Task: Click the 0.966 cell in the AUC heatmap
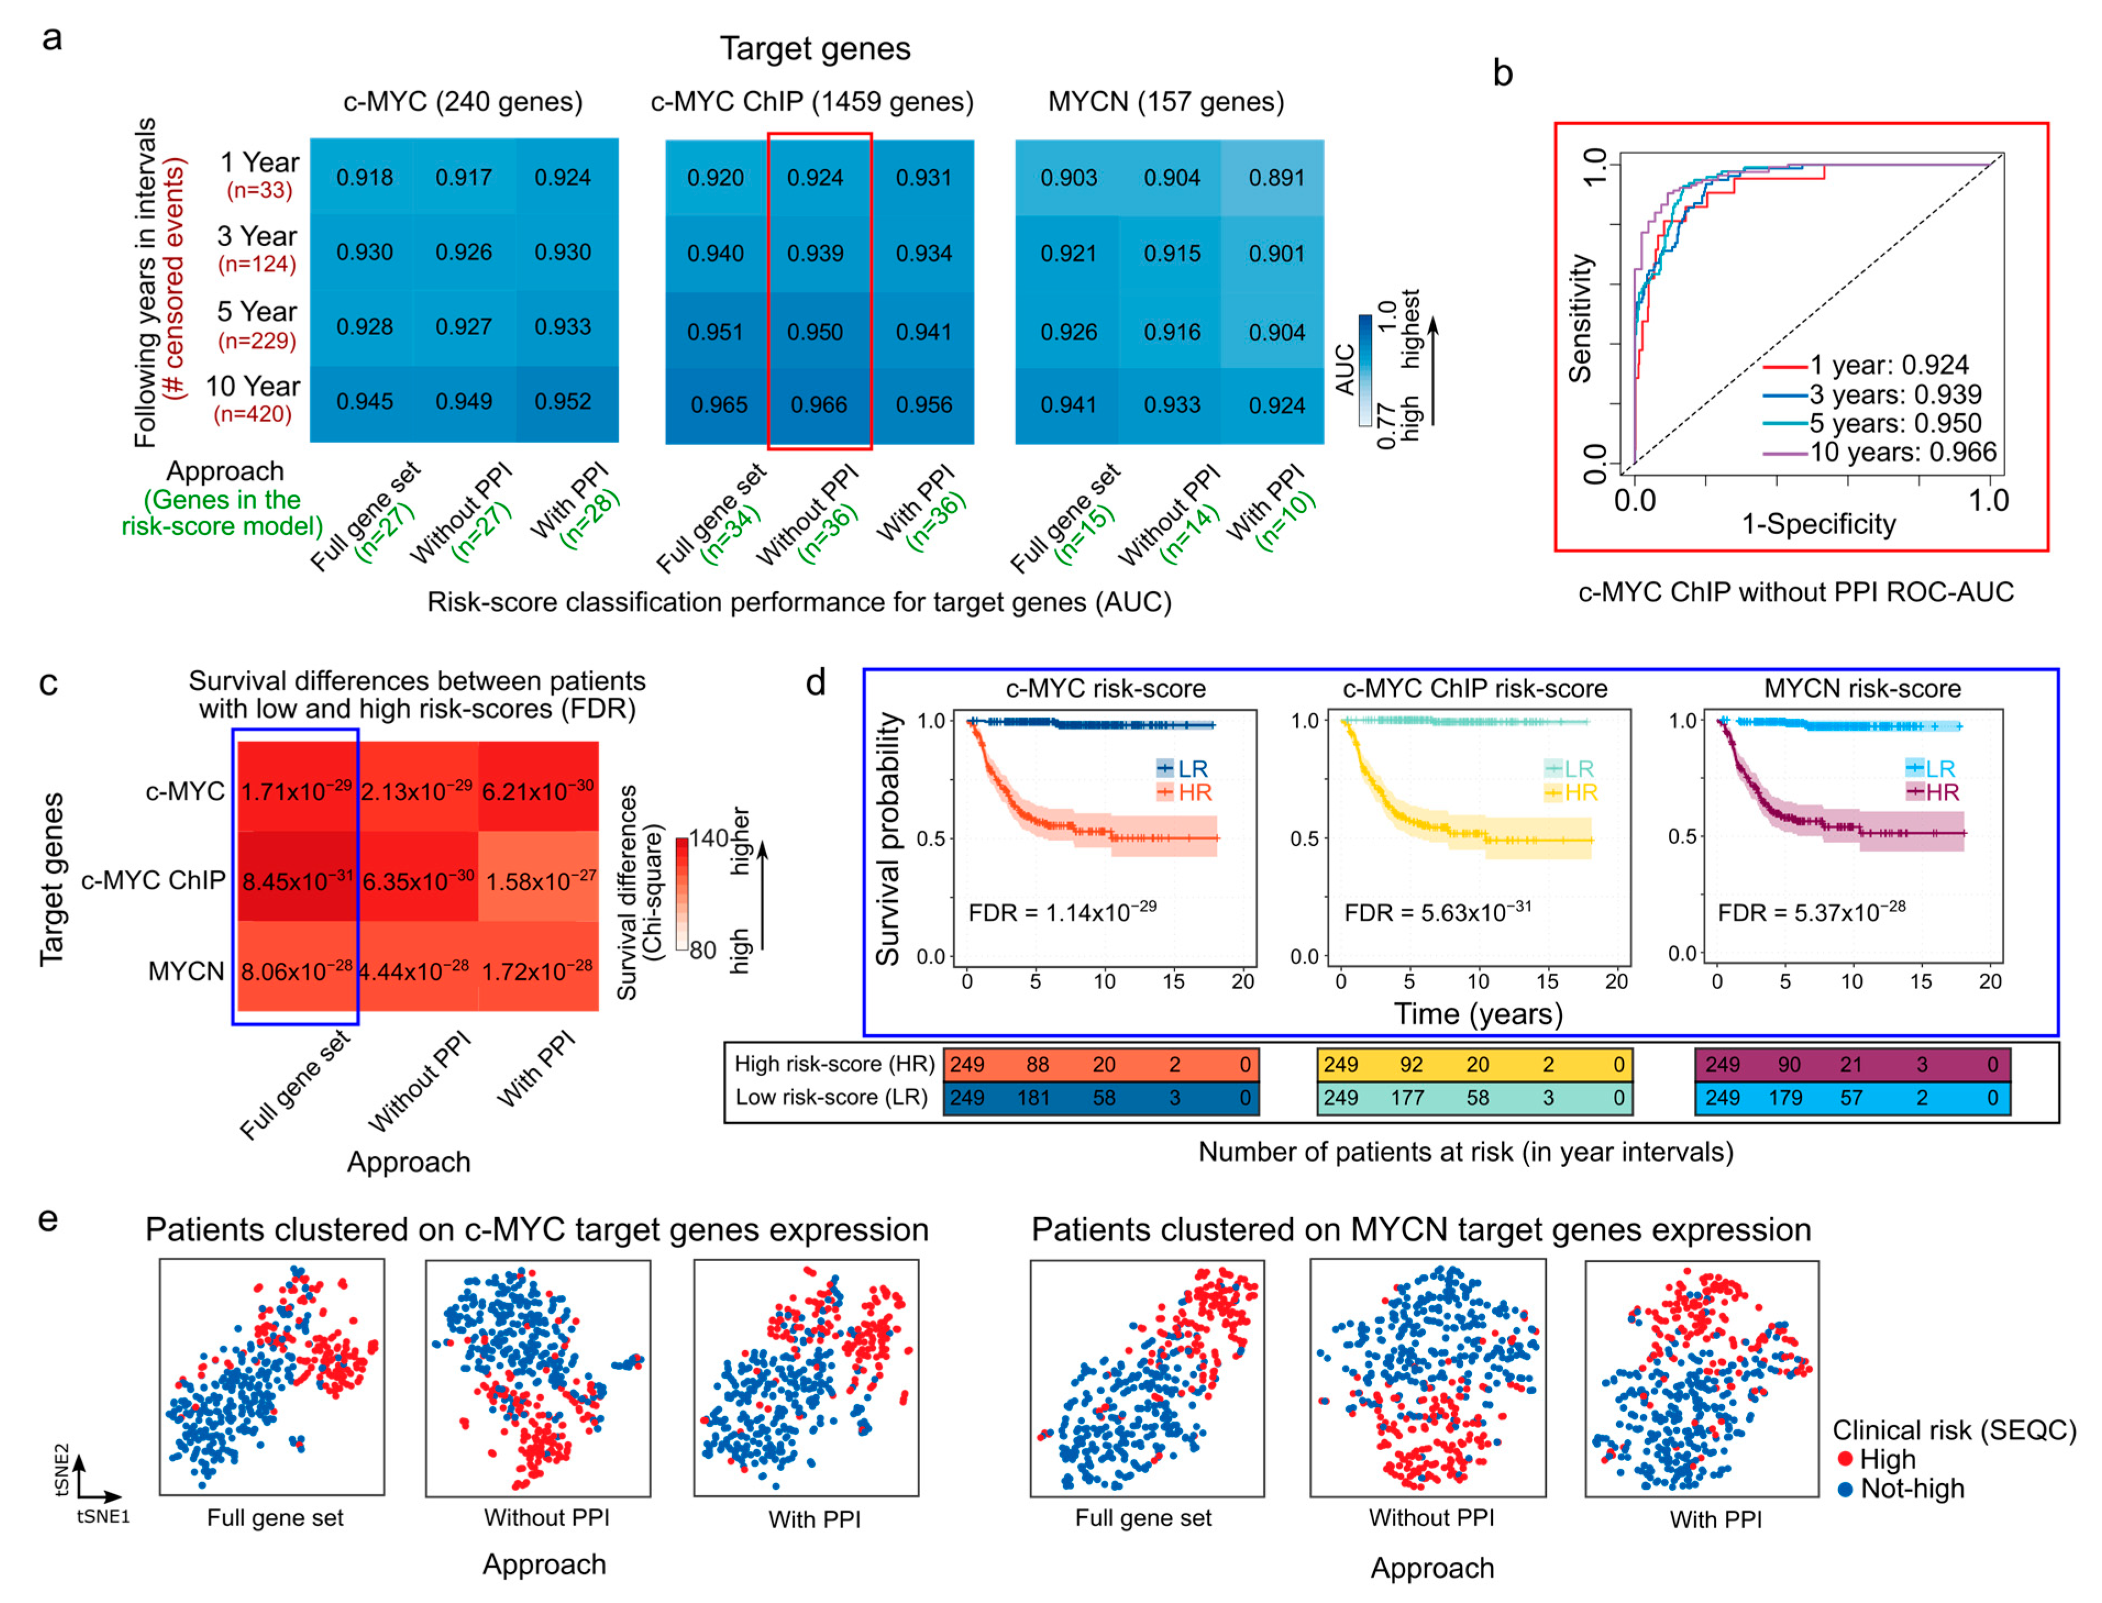(x=818, y=404)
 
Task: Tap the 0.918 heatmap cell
(x=364, y=178)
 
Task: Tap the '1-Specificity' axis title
(x=1818, y=524)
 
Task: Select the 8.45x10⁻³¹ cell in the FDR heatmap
(x=297, y=881)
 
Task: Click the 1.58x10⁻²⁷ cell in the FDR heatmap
(x=540, y=881)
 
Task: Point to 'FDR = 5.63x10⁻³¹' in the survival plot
(x=1437, y=912)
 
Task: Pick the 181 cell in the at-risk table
(x=1033, y=1097)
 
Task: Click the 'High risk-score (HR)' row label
(x=834, y=1064)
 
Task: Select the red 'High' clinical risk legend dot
(x=1844, y=1459)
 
